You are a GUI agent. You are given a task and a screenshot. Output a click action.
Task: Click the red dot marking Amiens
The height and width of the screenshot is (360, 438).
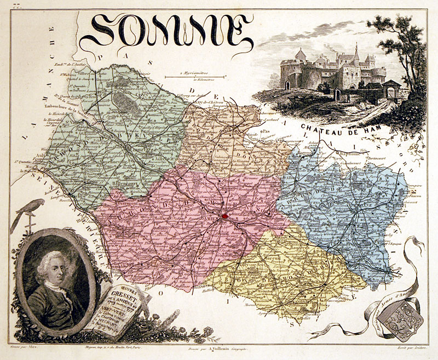coord(225,217)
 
